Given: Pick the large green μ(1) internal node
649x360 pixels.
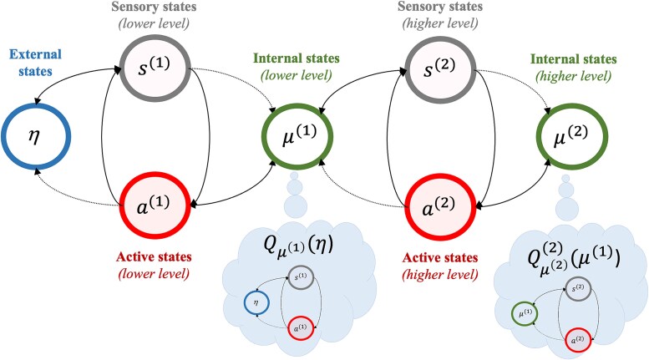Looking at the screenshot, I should coord(298,136).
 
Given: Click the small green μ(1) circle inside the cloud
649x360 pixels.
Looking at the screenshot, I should coord(525,314).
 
